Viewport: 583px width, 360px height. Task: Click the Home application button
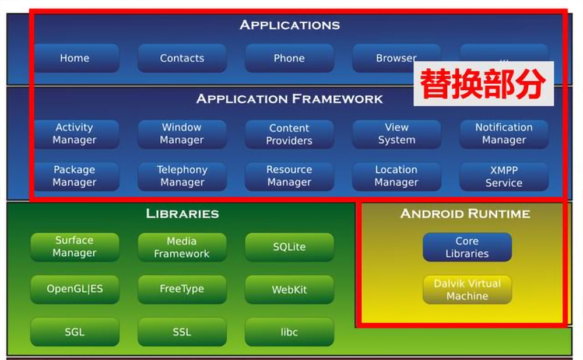[75, 58]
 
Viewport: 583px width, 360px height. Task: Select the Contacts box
[182, 58]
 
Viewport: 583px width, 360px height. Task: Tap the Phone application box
[289, 58]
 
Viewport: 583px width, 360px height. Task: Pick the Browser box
[396, 58]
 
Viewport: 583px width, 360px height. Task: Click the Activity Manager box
[75, 134]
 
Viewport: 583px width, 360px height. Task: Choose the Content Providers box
[289, 134]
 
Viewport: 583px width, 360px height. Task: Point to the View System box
[396, 134]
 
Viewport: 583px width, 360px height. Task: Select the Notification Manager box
[504, 134]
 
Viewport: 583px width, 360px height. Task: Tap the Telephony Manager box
[182, 176]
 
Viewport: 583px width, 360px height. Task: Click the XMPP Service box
[504, 176]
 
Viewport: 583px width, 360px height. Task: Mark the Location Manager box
[396, 176]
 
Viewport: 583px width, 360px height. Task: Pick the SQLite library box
[289, 247]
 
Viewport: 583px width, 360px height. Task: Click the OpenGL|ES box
[75, 289]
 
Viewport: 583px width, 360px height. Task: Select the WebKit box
[289, 289]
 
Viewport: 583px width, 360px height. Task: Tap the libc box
[289, 332]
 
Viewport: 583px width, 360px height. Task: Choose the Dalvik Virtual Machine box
[468, 289]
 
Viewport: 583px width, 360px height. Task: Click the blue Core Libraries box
[468, 247]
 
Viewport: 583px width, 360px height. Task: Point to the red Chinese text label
[483, 84]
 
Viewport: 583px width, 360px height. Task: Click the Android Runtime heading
[465, 214]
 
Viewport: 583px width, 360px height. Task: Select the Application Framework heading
[289, 99]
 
